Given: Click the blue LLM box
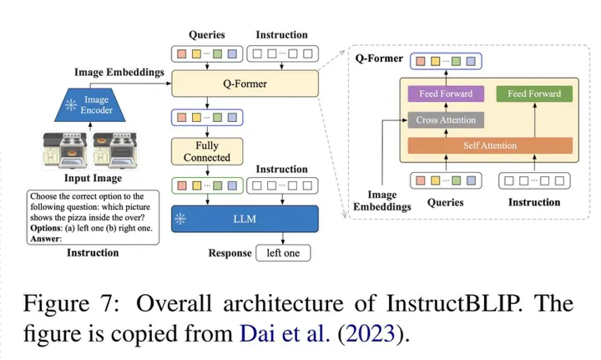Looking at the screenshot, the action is pos(245,219).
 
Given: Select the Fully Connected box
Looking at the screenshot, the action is pos(207,151).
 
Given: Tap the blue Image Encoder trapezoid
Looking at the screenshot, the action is pos(90,105).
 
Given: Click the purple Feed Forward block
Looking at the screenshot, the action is pos(446,94).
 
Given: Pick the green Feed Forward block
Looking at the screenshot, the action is pos(534,94).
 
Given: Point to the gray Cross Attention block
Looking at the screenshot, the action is pos(446,120).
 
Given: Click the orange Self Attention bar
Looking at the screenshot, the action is pos(490,145).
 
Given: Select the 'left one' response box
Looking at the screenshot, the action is pos(283,253).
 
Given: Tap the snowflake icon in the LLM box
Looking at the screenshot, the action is pos(180,219).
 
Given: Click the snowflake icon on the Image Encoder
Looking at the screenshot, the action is pos(71,104).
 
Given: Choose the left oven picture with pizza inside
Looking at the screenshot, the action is pos(65,150).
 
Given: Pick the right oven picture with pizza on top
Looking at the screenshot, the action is pos(114,150).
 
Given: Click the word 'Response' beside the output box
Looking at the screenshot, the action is pos(230,253).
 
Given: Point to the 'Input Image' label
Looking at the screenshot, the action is pos(93,178).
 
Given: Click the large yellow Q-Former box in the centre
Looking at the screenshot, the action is pos(245,84).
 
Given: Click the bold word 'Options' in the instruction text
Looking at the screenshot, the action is pos(45,228).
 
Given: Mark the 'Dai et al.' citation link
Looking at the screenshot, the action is pos(285,333).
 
